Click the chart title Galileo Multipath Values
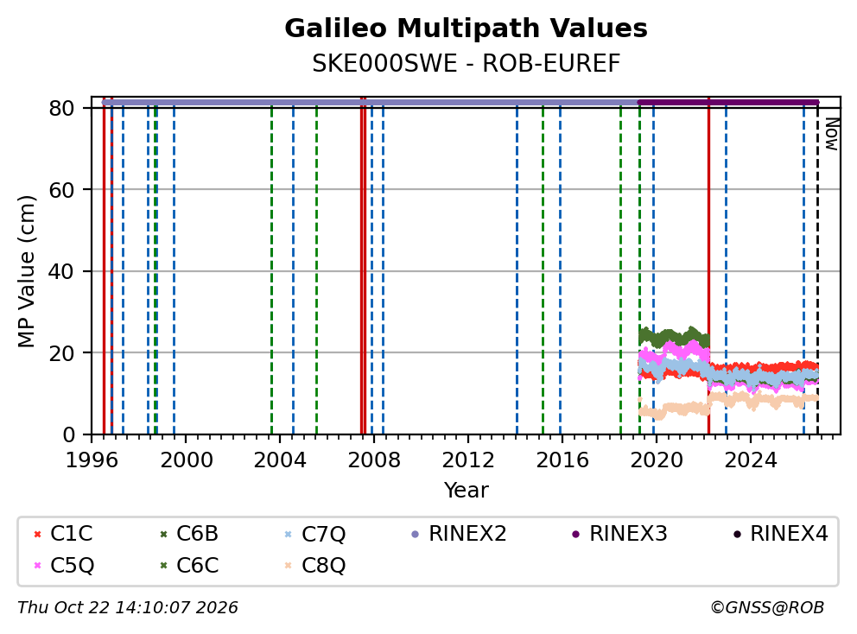click(x=466, y=29)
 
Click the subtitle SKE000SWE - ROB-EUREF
click(x=466, y=63)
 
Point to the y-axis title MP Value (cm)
click(x=26, y=271)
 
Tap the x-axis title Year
click(x=466, y=491)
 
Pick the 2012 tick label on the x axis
click(x=468, y=460)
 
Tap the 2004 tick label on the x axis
click(x=280, y=460)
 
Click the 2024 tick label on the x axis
click(x=751, y=460)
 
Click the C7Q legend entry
click(x=315, y=534)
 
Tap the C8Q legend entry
click(x=315, y=565)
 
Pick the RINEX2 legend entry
click(x=459, y=534)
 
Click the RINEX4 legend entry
click(x=781, y=534)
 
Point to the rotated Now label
click(x=831, y=134)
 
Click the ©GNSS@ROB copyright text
click(x=767, y=608)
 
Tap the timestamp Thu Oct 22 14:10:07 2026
click(x=128, y=608)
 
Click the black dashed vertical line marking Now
click(x=817, y=269)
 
